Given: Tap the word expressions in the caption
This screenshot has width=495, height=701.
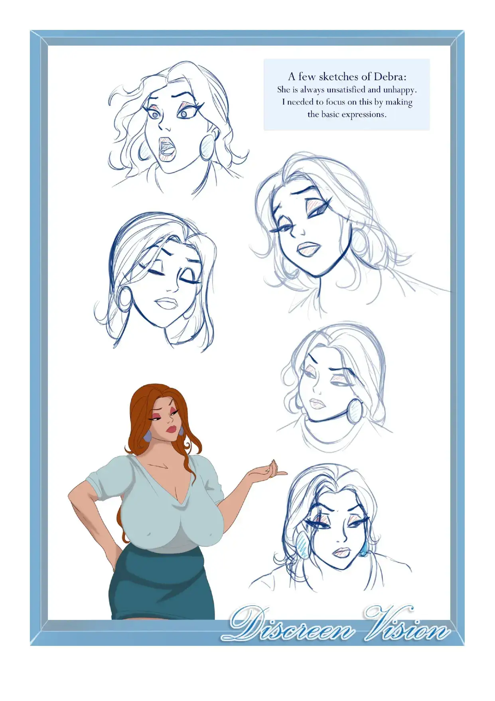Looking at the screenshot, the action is click(x=364, y=115).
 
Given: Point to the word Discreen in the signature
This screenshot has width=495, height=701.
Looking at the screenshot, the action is click(x=291, y=625).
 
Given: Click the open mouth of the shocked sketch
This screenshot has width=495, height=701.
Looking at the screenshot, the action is click(x=167, y=149).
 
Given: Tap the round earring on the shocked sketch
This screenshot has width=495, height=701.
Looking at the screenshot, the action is click(x=208, y=147).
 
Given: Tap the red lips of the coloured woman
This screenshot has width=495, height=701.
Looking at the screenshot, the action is click(x=172, y=429).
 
